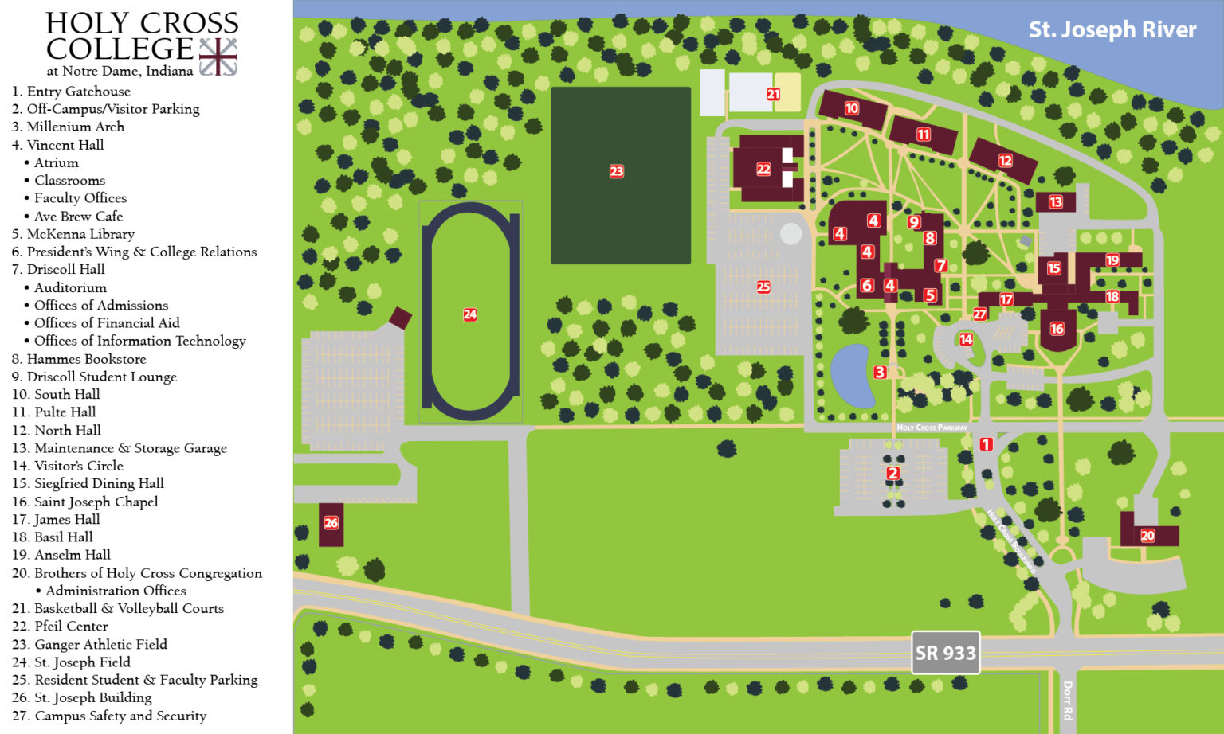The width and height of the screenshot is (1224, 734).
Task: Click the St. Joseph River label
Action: click(x=1112, y=30)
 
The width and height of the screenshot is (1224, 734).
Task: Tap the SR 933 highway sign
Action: click(x=945, y=653)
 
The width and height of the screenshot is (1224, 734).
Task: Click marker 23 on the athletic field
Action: click(x=617, y=171)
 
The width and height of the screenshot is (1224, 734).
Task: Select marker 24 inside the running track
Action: click(x=470, y=315)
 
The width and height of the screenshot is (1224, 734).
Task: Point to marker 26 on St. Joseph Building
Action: click(x=331, y=523)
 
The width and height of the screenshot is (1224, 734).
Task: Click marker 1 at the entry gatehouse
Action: click(x=986, y=444)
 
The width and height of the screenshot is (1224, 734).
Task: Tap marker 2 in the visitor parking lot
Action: click(x=893, y=474)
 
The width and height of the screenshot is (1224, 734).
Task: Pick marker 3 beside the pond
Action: click(x=880, y=372)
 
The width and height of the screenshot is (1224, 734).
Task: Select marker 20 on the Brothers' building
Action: click(x=1147, y=536)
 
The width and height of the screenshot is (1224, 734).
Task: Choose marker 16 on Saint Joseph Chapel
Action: click(x=1057, y=328)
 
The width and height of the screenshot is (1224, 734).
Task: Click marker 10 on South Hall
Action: click(x=852, y=108)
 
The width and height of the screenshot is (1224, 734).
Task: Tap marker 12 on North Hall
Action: click(x=1006, y=161)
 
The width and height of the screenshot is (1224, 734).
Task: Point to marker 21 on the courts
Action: click(x=773, y=94)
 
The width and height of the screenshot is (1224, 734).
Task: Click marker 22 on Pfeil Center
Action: click(x=763, y=169)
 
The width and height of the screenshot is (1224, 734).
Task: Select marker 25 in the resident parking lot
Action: click(x=763, y=287)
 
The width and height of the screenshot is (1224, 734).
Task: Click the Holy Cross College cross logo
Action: click(x=218, y=57)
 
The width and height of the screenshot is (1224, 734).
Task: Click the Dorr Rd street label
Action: click(x=1068, y=700)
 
